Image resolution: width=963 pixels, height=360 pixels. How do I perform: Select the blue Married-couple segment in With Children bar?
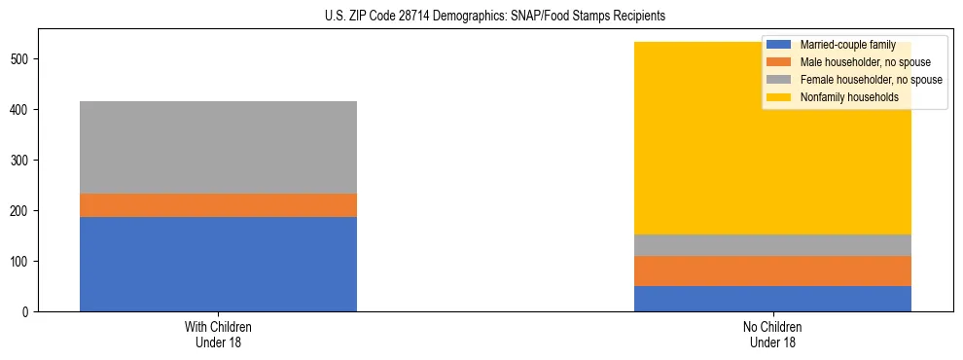tap(218, 264)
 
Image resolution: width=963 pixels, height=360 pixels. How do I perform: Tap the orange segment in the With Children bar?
tap(218, 205)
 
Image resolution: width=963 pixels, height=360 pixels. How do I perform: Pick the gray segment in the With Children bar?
tap(218, 147)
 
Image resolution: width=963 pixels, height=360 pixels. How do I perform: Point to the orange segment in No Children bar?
tap(772, 271)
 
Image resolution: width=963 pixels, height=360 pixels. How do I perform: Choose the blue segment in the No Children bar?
tap(772, 299)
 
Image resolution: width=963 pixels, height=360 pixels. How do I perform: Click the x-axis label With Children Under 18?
tap(218, 334)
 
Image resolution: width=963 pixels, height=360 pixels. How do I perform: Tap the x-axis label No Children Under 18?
tap(772, 334)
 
